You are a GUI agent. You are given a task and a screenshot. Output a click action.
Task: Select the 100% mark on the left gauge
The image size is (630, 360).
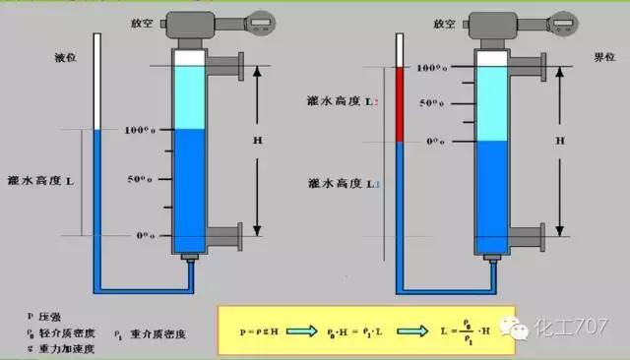[142, 130]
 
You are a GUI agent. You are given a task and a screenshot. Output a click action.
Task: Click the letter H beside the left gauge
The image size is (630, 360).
[258, 141]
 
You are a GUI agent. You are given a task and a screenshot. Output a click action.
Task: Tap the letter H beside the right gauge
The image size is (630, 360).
[560, 141]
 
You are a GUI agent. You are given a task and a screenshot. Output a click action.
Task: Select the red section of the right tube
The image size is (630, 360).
[400, 104]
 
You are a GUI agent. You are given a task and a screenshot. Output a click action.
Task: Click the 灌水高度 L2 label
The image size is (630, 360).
[338, 103]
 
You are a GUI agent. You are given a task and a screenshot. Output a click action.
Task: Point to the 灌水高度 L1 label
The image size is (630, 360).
[338, 183]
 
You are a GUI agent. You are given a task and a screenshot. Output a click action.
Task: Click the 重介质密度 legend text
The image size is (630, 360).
[167, 332]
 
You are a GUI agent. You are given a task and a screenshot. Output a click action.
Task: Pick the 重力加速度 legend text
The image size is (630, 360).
[66, 347]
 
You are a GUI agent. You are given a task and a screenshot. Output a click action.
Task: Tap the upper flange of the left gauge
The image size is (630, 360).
[232, 68]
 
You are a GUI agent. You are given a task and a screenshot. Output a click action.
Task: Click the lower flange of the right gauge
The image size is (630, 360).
[537, 237]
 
